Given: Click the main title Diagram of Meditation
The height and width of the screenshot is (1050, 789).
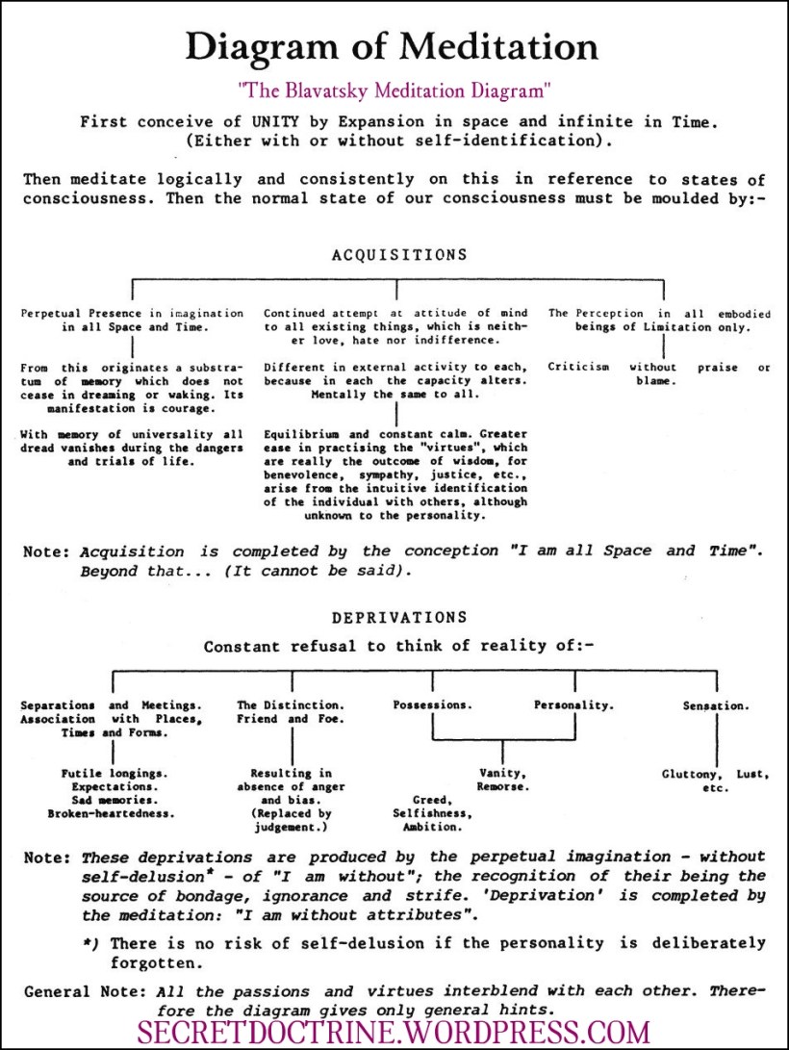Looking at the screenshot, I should tap(392, 46).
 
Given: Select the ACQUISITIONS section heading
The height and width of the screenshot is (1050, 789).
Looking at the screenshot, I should tap(399, 255).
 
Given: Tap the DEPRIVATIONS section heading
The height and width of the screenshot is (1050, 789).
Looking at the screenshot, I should tap(399, 617).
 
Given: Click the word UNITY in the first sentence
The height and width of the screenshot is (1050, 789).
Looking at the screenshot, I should tap(252, 122).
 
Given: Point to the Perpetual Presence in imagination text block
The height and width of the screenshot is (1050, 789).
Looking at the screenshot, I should tap(132, 320).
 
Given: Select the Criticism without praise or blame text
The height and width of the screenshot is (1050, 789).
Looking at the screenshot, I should tap(659, 373).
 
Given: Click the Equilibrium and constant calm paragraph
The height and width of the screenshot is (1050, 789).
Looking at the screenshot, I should tap(396, 474).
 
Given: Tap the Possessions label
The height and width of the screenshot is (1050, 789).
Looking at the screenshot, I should tap(432, 705).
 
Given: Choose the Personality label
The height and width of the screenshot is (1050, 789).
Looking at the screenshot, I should tap(573, 705).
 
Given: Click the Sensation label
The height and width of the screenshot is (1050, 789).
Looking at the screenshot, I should tap(715, 705).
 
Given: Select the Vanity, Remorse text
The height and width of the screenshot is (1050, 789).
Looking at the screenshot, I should tap(502, 780).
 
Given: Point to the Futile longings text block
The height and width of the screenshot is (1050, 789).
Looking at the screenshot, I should tap(112, 793).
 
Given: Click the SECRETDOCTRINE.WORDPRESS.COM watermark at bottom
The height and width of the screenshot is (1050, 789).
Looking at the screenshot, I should tap(394, 1032).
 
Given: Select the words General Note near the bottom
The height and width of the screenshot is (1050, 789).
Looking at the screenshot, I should tap(76, 990).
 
